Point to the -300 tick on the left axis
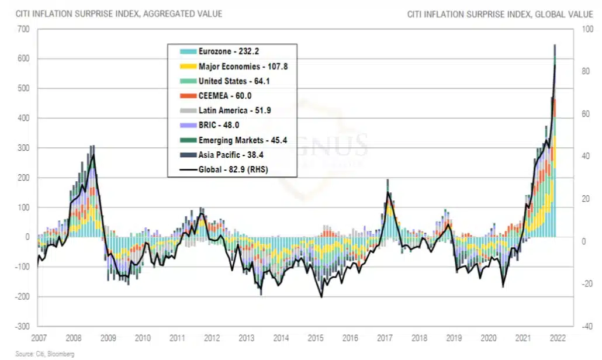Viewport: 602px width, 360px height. point(22,326)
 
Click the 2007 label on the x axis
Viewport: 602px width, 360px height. point(39,338)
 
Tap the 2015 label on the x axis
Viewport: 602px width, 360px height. point(316,338)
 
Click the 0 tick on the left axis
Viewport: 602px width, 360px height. point(27,237)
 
